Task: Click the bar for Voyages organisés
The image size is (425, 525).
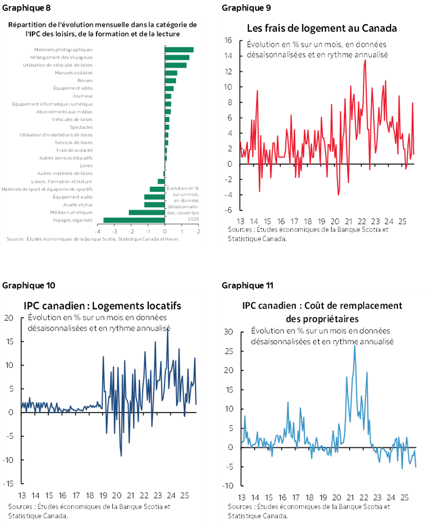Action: (x=134, y=220)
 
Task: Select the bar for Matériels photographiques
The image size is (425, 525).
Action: (x=179, y=50)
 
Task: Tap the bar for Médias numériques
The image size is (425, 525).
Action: (x=146, y=212)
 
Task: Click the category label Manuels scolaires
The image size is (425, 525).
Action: (x=73, y=73)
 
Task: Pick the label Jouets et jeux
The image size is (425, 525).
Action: (x=80, y=205)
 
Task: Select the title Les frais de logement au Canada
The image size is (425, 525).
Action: (x=322, y=28)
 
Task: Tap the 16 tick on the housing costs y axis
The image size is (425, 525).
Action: (x=229, y=41)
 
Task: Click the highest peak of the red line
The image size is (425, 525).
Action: (x=365, y=60)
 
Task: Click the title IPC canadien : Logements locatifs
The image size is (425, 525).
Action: (x=102, y=306)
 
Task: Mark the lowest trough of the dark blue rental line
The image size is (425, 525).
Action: (x=121, y=455)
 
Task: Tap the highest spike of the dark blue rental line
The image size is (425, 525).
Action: (x=167, y=329)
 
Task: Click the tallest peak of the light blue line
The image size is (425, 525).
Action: (x=355, y=345)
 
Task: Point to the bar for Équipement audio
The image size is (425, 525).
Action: (x=154, y=197)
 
